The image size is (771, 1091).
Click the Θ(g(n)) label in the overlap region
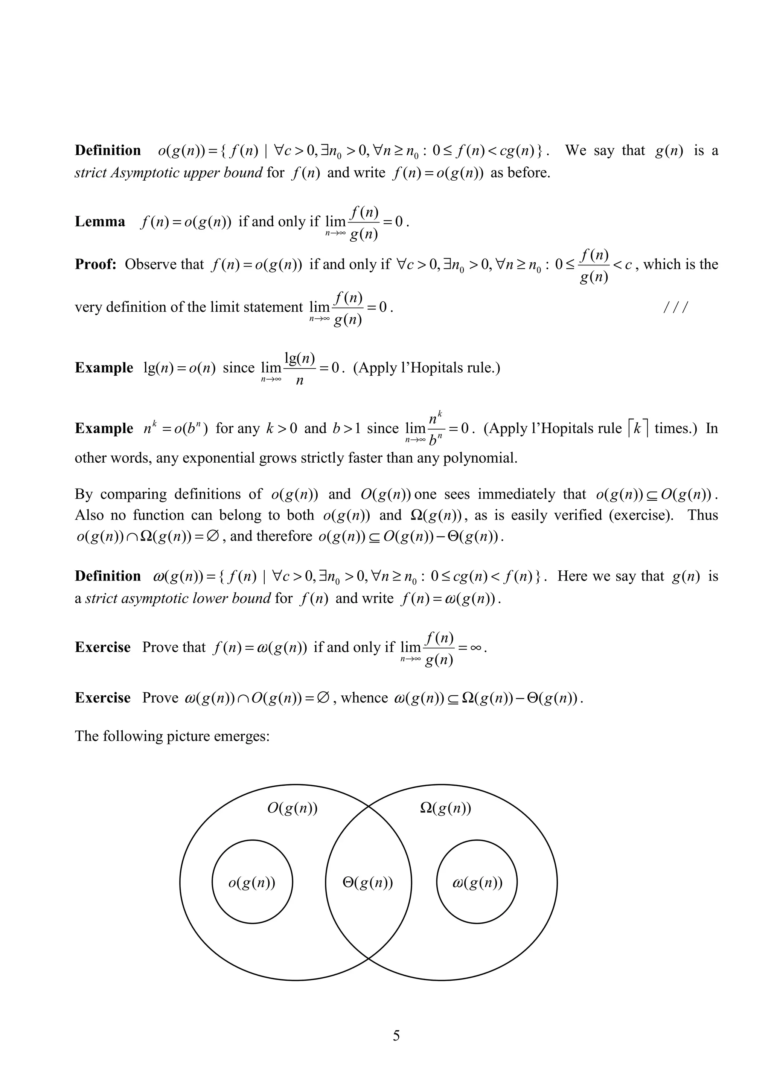point(368,883)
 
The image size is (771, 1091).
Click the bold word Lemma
point(100,222)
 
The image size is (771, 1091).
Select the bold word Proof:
point(96,265)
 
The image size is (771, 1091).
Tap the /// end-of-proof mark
point(675,308)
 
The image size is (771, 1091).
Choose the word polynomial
point(479,458)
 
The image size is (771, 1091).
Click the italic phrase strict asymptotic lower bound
point(178,598)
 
